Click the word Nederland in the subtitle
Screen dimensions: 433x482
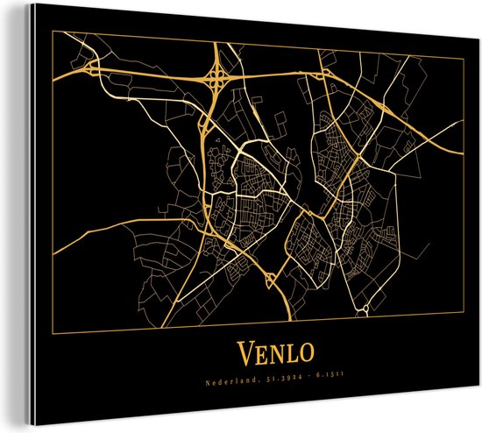pyautogui.click(x=232, y=381)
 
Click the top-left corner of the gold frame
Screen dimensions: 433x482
pyautogui.click(x=55, y=37)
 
